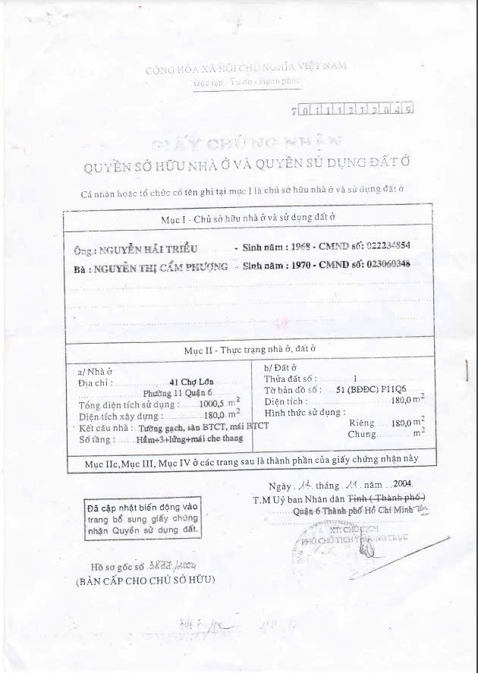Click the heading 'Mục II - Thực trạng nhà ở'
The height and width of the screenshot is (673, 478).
(x=250, y=350)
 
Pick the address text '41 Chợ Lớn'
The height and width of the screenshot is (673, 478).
(x=186, y=382)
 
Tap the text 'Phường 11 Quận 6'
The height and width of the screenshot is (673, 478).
(x=178, y=393)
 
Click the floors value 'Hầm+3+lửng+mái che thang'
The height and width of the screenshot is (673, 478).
(x=176, y=439)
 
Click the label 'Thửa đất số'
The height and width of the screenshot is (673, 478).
(x=291, y=378)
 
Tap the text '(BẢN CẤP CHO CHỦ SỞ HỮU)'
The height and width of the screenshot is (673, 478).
(x=145, y=580)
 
